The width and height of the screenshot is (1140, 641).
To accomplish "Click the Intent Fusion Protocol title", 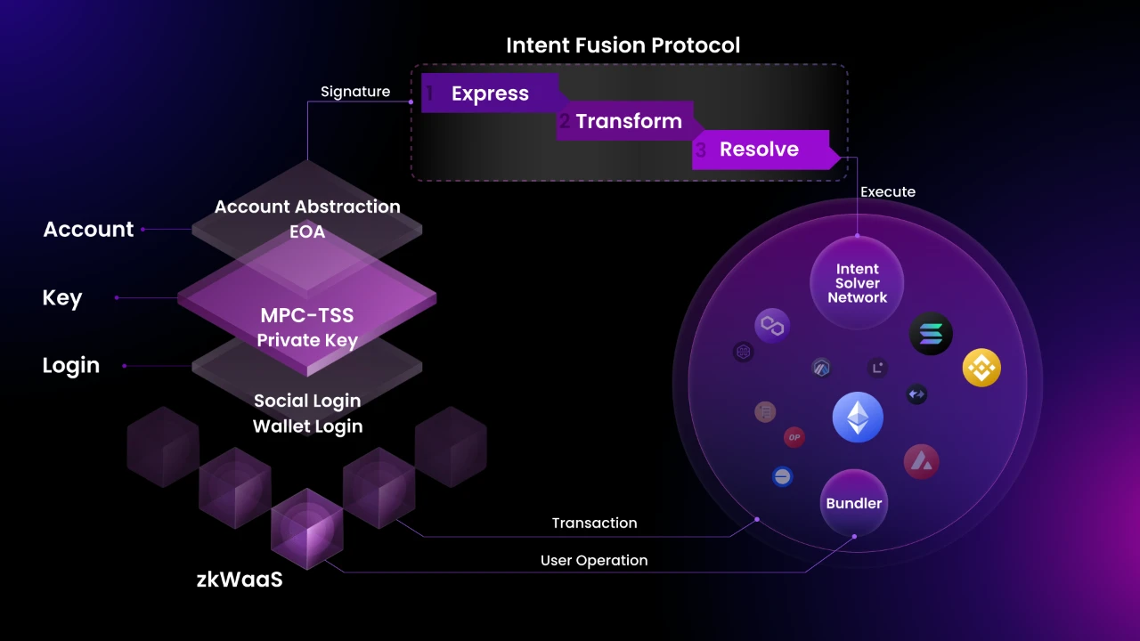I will click(x=623, y=45).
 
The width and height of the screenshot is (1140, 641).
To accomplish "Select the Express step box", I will click(x=490, y=93).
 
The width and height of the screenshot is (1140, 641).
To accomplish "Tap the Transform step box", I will click(x=628, y=121).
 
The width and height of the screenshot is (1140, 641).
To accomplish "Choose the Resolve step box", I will click(x=759, y=149).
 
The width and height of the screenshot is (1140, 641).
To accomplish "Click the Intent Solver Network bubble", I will click(x=857, y=283).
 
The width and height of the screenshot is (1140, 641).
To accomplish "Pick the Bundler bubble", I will click(x=853, y=503).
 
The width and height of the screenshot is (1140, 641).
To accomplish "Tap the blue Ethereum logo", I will click(x=858, y=418).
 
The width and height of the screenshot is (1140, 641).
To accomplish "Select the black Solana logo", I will click(x=931, y=335).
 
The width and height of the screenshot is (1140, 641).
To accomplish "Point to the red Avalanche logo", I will click(x=921, y=460).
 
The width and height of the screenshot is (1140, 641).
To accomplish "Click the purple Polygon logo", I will click(x=772, y=327).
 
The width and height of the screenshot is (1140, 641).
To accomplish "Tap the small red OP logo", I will click(x=794, y=437).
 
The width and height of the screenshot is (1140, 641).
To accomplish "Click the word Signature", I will click(x=355, y=92).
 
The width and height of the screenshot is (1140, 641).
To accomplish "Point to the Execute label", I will click(x=887, y=191).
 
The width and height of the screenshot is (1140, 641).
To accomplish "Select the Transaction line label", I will click(x=594, y=523).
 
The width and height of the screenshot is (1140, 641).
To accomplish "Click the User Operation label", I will click(x=594, y=560).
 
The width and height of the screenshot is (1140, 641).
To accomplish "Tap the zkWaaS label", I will click(x=239, y=579).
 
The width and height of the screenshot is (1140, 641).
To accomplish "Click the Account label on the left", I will click(x=88, y=229).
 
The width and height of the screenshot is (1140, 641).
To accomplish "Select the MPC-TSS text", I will click(x=306, y=315).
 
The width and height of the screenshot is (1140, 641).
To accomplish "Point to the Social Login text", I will click(x=307, y=401).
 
